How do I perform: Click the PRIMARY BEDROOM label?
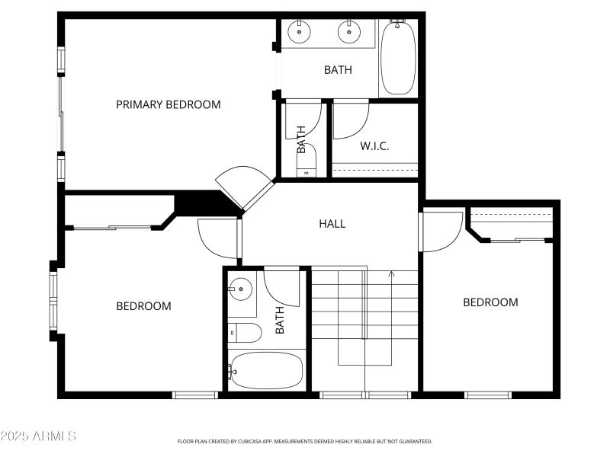coord(169,104)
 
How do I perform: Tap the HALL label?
coord(332,224)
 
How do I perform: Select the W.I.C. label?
coord(374,145)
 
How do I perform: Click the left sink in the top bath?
coord(300,31)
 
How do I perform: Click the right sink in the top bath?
coord(350,31)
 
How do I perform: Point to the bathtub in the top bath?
coord(397,59)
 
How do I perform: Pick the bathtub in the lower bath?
coord(267,371)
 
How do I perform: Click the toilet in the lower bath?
coord(246,332)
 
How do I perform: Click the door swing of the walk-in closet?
coord(351,120)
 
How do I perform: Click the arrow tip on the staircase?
coord(391,273)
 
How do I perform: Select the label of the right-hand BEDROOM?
coord(490,302)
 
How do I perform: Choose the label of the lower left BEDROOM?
coord(143,306)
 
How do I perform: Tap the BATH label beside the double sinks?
coord(338,70)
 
